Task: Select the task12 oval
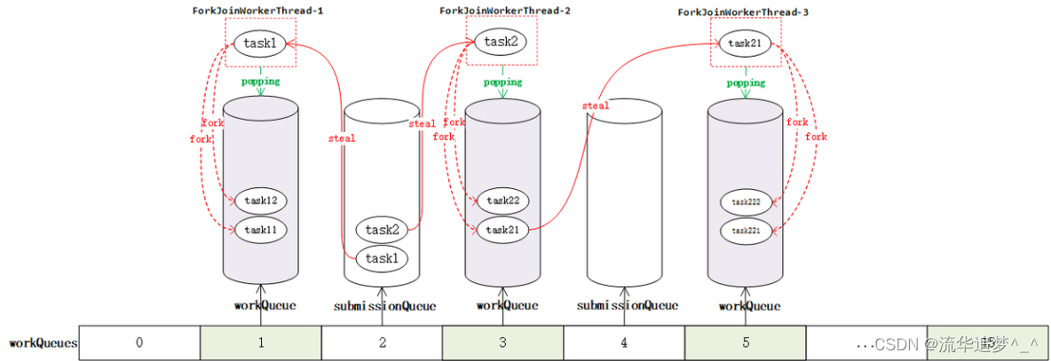pos(261,200)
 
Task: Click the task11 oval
pos(261,230)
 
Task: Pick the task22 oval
pos(502,200)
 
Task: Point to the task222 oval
pos(746,201)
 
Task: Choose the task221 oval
pos(746,231)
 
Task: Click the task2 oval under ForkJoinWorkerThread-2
pos(501,42)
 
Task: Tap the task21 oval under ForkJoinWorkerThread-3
pos(745,43)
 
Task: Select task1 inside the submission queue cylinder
pos(382,259)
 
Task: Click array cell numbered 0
pos(139,342)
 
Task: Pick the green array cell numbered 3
pos(502,342)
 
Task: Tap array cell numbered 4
pos(624,342)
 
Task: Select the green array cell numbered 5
pos(746,342)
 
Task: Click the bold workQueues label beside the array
pos(43,342)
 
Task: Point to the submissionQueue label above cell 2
pos(384,306)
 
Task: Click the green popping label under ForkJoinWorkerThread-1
pos(260,82)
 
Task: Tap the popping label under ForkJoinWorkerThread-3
pos(746,82)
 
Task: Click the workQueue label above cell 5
pos(749,306)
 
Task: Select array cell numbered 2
pos(382,342)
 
